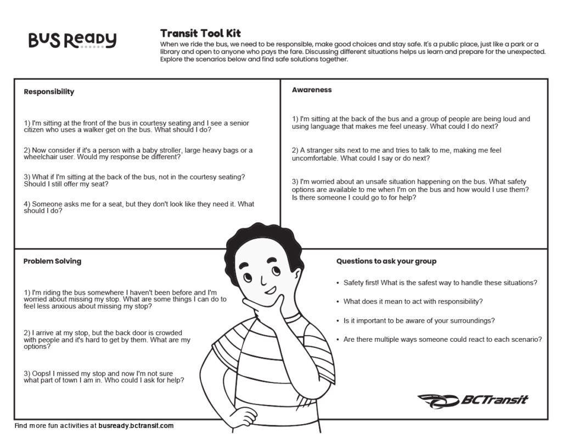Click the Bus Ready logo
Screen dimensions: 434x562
pyautogui.click(x=72, y=40)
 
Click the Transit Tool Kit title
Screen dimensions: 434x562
pyautogui.click(x=200, y=33)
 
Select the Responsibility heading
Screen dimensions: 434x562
pyautogui.click(x=49, y=92)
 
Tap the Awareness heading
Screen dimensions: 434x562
pyautogui.click(x=312, y=90)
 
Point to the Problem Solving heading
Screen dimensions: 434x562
pyautogui.click(x=52, y=261)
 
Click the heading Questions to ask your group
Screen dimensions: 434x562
pyautogui.click(x=386, y=261)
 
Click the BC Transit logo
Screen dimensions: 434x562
pyautogui.click(x=473, y=400)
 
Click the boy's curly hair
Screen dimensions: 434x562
pyautogui.click(x=263, y=241)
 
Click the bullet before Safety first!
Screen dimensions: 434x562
pyautogui.click(x=337, y=283)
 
